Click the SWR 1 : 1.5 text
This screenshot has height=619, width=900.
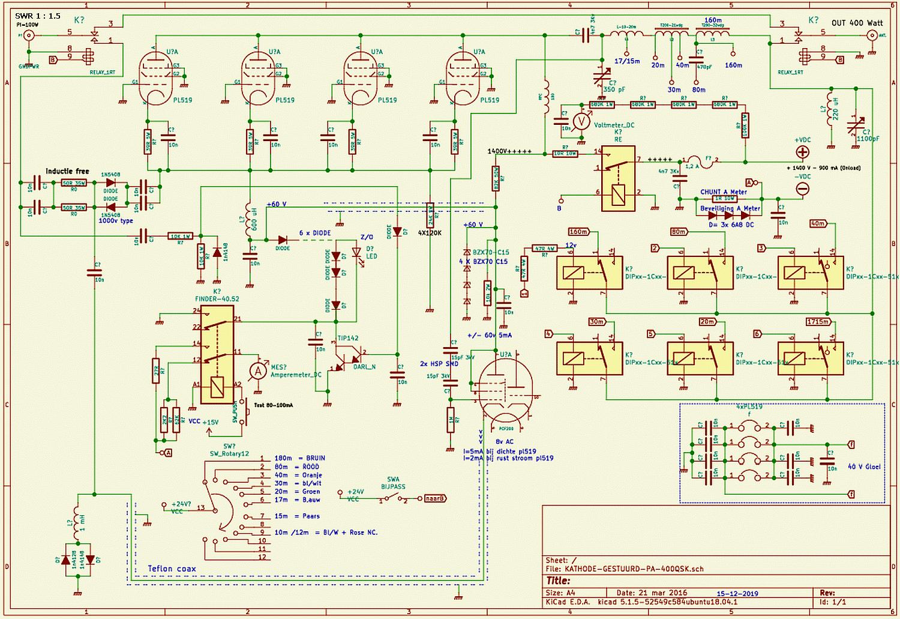[38, 16]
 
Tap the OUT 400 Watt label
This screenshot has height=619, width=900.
[857, 23]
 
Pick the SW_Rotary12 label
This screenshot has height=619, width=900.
[229, 453]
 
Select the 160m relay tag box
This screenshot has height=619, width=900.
[578, 232]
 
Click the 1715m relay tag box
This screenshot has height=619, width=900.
[818, 322]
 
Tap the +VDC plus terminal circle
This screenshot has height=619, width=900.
[802, 152]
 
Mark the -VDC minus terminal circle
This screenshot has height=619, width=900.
[802, 189]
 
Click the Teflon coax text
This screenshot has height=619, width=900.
[172, 568]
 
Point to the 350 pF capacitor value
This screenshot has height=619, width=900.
[614, 89]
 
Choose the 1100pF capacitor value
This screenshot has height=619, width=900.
[868, 139]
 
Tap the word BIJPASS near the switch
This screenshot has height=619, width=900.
[393, 487]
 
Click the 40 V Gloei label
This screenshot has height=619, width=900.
[864, 466]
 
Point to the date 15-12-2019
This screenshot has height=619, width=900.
[737, 593]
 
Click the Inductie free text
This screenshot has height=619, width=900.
[67, 171]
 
